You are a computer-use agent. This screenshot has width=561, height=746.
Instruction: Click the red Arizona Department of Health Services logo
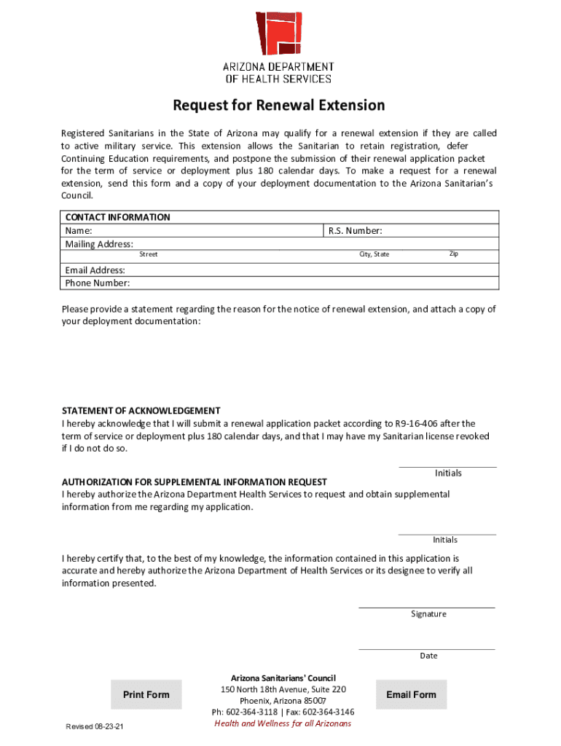[278, 34]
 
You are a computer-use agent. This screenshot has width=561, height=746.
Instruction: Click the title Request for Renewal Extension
[278, 106]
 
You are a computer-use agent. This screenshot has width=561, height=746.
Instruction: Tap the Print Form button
[146, 695]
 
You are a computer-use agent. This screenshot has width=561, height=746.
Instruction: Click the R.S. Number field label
[355, 231]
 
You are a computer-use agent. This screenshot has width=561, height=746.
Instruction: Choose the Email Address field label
[95, 270]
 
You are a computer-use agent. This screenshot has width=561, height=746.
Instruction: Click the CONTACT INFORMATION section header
[118, 217]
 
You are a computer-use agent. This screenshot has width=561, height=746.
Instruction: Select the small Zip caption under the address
[453, 254]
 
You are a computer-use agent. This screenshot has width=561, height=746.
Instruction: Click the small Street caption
[149, 254]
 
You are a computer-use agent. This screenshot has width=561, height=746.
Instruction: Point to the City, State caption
[374, 254]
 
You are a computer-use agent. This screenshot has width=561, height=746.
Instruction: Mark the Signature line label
[428, 614]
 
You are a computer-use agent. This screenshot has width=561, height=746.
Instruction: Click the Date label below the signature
[428, 656]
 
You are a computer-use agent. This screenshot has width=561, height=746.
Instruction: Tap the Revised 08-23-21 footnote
[95, 727]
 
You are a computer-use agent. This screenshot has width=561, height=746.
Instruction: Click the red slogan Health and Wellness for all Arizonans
[283, 723]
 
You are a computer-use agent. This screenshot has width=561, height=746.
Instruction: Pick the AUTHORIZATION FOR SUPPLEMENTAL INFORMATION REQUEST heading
[195, 482]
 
